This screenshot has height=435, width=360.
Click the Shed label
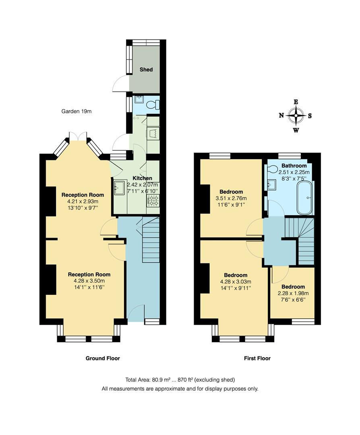point(146,70)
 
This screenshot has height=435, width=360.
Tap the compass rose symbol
point(296,116)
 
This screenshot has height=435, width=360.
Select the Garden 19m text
point(77,111)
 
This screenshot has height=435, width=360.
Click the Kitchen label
point(143,178)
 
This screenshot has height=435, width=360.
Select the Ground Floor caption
point(103,358)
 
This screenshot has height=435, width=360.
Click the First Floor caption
point(257,358)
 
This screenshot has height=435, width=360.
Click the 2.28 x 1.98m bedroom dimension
point(293,293)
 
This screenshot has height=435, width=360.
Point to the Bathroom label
point(294,166)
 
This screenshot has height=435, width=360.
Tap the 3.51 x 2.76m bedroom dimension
point(231,198)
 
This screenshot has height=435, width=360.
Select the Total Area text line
point(180,379)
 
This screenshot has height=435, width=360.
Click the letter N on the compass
point(281,116)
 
